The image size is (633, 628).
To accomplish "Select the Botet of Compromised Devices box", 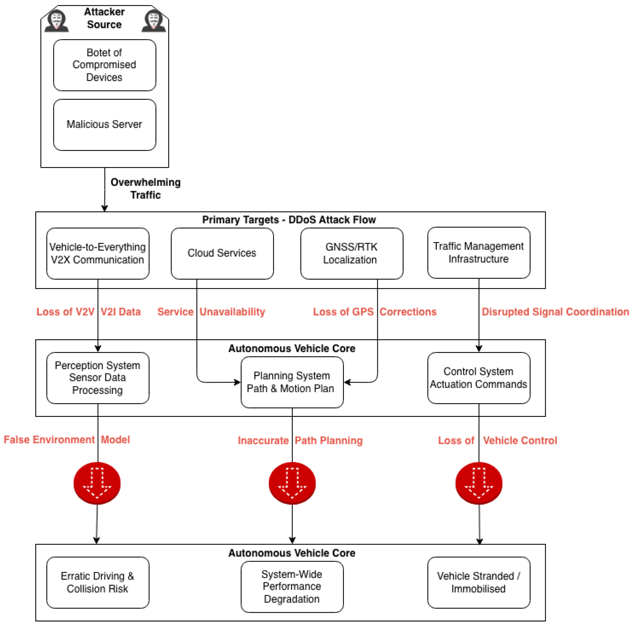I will pyautogui.click(x=105, y=65).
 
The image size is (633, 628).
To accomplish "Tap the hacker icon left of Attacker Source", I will pyautogui.click(x=56, y=21).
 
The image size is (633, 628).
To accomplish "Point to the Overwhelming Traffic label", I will pyautogui.click(x=145, y=189).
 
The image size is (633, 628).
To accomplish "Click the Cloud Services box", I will pyautogui.click(x=222, y=253).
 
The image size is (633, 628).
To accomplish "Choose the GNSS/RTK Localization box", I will pyautogui.click(x=352, y=253).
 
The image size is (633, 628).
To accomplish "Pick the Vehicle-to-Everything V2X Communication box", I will pyautogui.click(x=98, y=253).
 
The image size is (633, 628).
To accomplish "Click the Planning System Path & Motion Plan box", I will pyautogui.click(x=292, y=382).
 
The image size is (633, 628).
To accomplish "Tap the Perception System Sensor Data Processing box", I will pyautogui.click(x=98, y=378).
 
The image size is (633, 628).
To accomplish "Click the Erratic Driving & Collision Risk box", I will pyautogui.click(x=98, y=582).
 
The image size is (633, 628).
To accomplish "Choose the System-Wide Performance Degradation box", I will pyautogui.click(x=292, y=587).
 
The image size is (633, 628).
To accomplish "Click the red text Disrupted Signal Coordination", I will pyautogui.click(x=555, y=312).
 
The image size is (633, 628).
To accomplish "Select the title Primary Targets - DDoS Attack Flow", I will pyautogui.click(x=289, y=220).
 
